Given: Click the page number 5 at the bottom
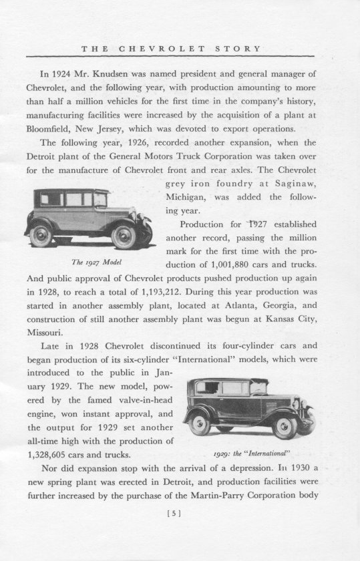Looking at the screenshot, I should point(180,514).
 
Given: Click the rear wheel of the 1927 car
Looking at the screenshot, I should point(42,236).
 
